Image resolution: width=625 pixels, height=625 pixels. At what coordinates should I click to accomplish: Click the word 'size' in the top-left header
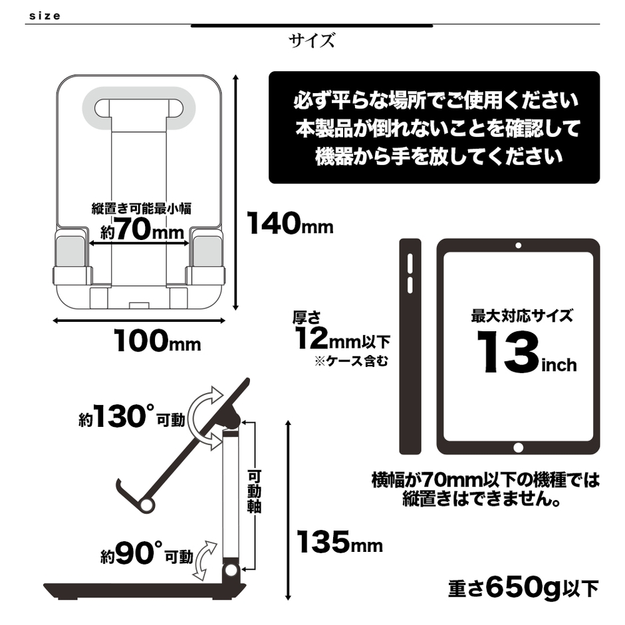pyautogui.click(x=45, y=16)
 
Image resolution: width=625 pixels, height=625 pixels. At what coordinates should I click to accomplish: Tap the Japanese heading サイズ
pyautogui.click(x=312, y=41)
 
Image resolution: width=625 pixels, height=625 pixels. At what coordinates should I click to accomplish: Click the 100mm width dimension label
pyautogui.click(x=157, y=340)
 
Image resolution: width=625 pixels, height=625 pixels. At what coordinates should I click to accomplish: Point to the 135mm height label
pyautogui.click(x=340, y=542)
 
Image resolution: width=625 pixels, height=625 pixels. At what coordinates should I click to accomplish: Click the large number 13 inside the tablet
pyautogui.click(x=508, y=352)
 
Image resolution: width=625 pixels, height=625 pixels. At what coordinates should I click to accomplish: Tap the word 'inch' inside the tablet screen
pyautogui.click(x=559, y=365)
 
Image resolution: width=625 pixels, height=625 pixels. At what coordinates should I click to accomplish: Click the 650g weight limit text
pyautogui.click(x=523, y=588)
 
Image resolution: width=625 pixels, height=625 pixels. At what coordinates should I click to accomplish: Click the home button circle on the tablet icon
pyautogui.click(x=518, y=447)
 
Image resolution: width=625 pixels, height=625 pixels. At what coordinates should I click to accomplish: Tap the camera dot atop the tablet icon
pyautogui.click(x=518, y=245)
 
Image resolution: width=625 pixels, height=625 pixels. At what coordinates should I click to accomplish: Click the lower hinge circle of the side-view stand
pyautogui.click(x=231, y=570)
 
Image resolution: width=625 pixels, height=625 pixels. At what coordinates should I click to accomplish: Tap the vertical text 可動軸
pyautogui.click(x=254, y=492)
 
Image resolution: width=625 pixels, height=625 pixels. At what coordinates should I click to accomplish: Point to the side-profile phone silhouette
pyautogui.click(x=410, y=346)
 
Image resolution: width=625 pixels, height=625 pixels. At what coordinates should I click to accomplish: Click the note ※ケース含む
pyautogui.click(x=351, y=362)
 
